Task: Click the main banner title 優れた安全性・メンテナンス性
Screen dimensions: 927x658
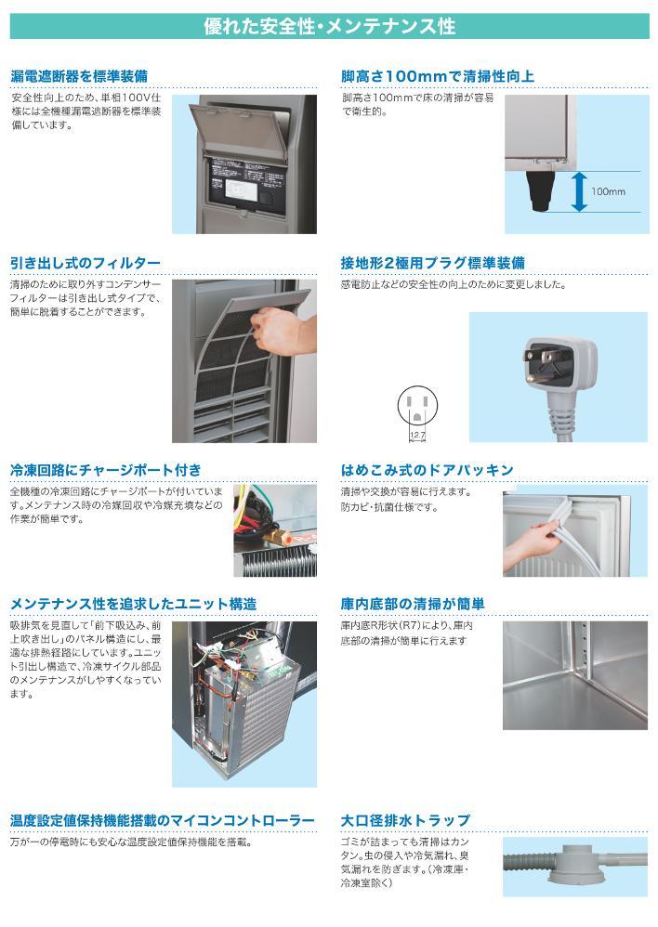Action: pyautogui.click(x=329, y=26)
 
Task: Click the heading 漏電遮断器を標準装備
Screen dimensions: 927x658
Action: pyautogui.click(x=79, y=76)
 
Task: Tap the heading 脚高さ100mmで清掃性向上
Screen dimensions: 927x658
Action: pyautogui.click(x=438, y=76)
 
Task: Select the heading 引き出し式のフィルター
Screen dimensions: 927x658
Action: pyautogui.click(x=86, y=264)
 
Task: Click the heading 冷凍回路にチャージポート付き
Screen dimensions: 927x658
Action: pyautogui.click(x=105, y=470)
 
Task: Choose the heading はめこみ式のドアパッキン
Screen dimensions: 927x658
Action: pyautogui.click(x=428, y=470)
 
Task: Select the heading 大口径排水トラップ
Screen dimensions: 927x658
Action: pyautogui.click(x=406, y=821)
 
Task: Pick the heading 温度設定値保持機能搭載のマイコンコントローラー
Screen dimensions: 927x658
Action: pyautogui.click(x=163, y=821)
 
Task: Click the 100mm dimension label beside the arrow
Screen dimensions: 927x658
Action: pyautogui.click(x=608, y=191)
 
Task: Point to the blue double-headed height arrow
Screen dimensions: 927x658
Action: pyautogui.click(x=579, y=190)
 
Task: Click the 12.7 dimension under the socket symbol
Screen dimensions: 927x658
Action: pyautogui.click(x=417, y=433)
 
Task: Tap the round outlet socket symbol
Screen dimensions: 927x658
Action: pyautogui.click(x=416, y=405)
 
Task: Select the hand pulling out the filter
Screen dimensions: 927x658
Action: pyautogui.click(x=281, y=330)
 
